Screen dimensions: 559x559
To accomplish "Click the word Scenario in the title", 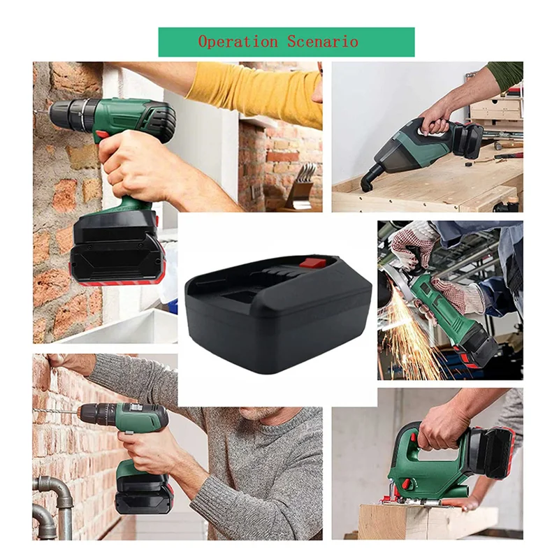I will pos(322,42).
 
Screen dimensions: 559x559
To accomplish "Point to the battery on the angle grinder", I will pos(482,349).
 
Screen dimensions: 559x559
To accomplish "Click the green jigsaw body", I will pos(419,468).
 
